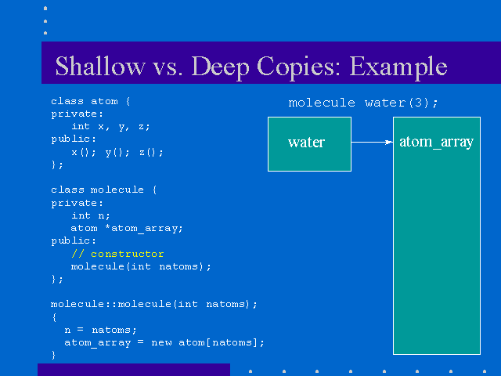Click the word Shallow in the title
click(100, 66)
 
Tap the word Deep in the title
click(221, 68)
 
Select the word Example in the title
click(398, 68)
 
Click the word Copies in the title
click(298, 68)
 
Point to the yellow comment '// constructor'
click(117, 254)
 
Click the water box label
click(306, 143)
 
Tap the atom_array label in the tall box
click(437, 142)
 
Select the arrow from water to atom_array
click(372, 143)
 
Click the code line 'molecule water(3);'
click(363, 103)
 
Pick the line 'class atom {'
click(91, 101)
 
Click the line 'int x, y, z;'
click(110, 127)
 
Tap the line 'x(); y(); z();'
click(117, 152)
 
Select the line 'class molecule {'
click(104, 190)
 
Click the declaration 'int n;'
click(91, 216)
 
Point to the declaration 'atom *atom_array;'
click(127, 228)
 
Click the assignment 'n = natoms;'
click(101, 330)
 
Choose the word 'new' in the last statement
click(161, 343)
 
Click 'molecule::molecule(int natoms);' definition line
click(153, 304)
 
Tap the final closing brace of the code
click(53, 355)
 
